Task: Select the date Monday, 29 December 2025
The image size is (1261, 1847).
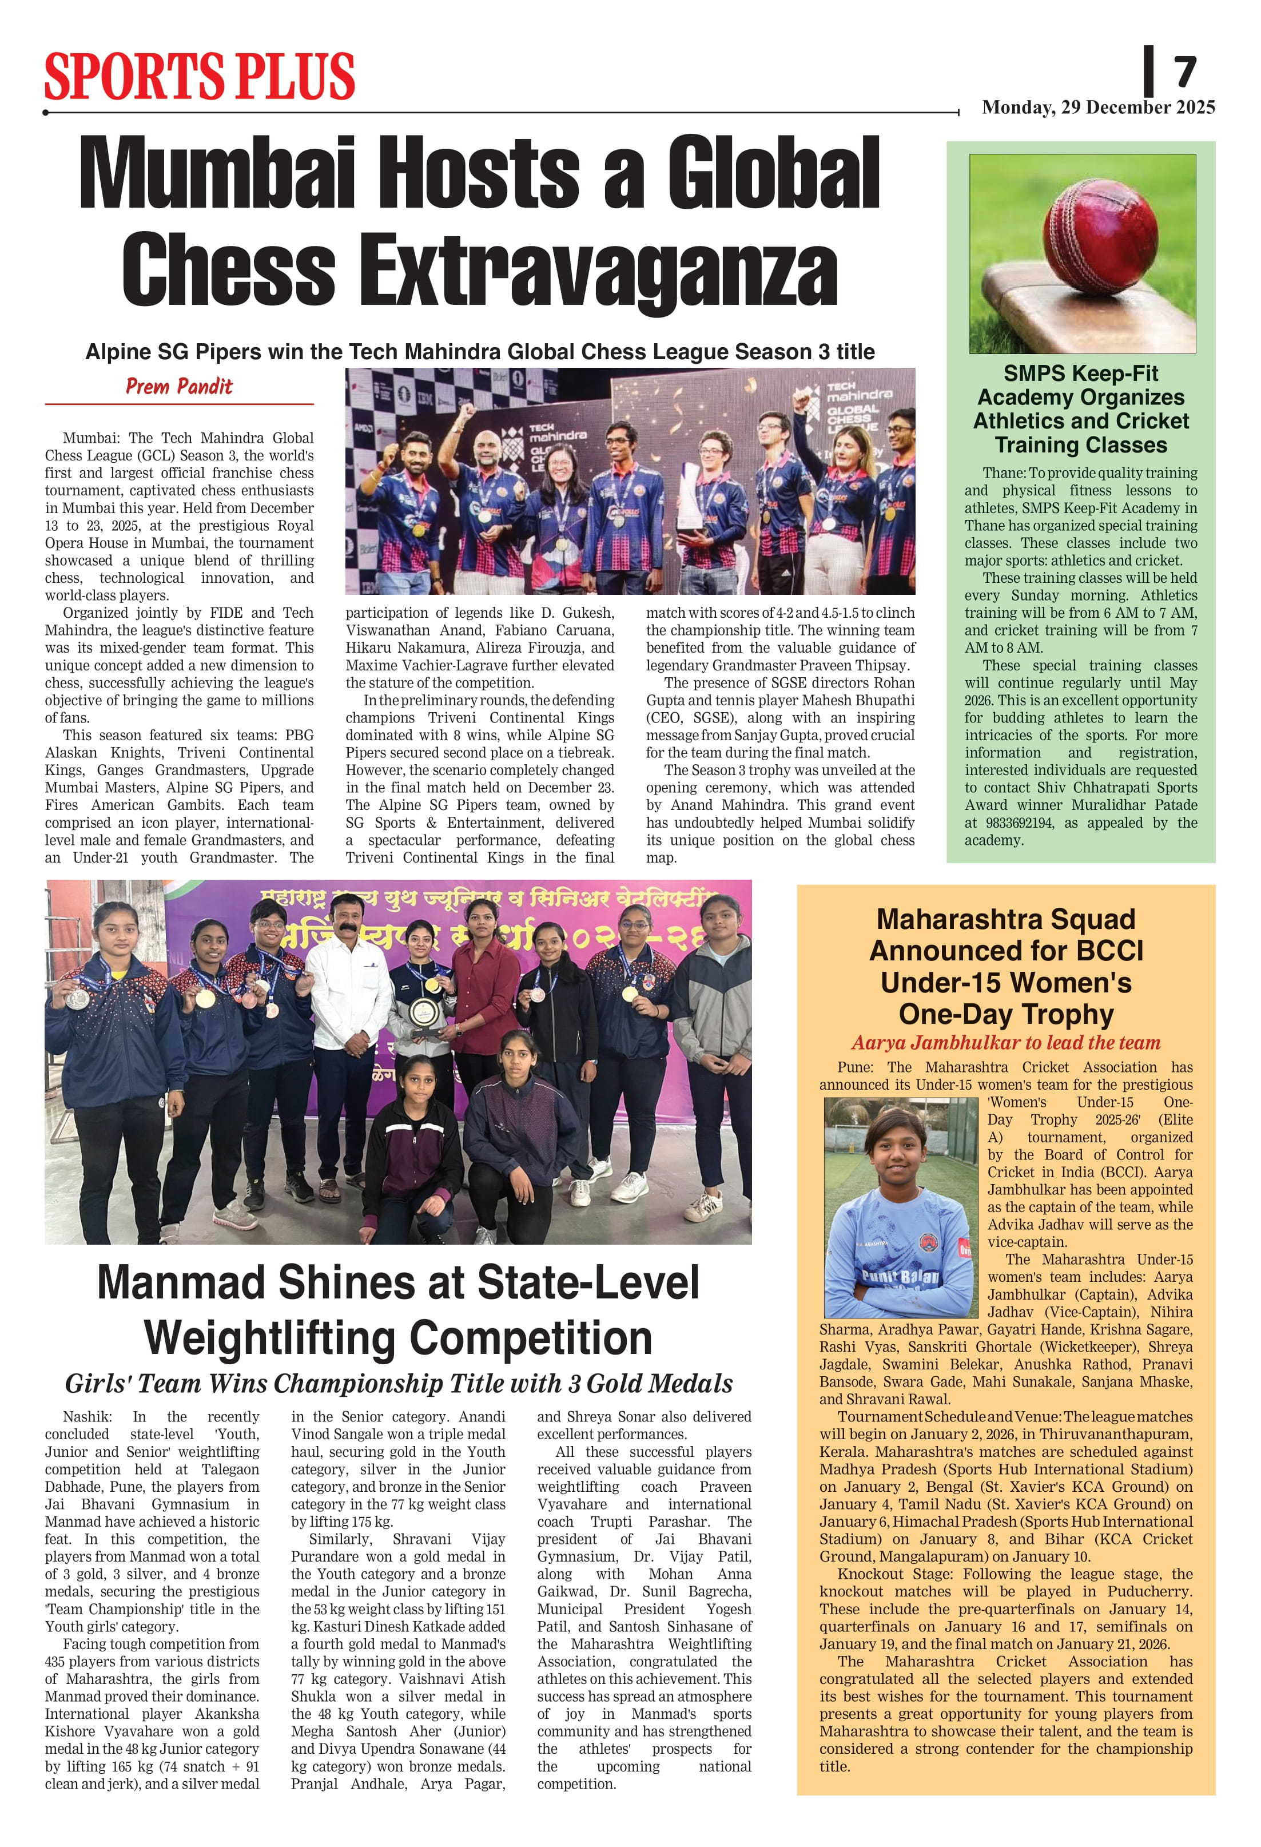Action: [1098, 108]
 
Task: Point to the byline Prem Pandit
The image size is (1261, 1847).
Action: [179, 387]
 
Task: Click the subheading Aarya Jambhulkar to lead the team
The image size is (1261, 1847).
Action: [1005, 1042]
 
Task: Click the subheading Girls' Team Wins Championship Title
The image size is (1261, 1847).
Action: [398, 1384]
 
